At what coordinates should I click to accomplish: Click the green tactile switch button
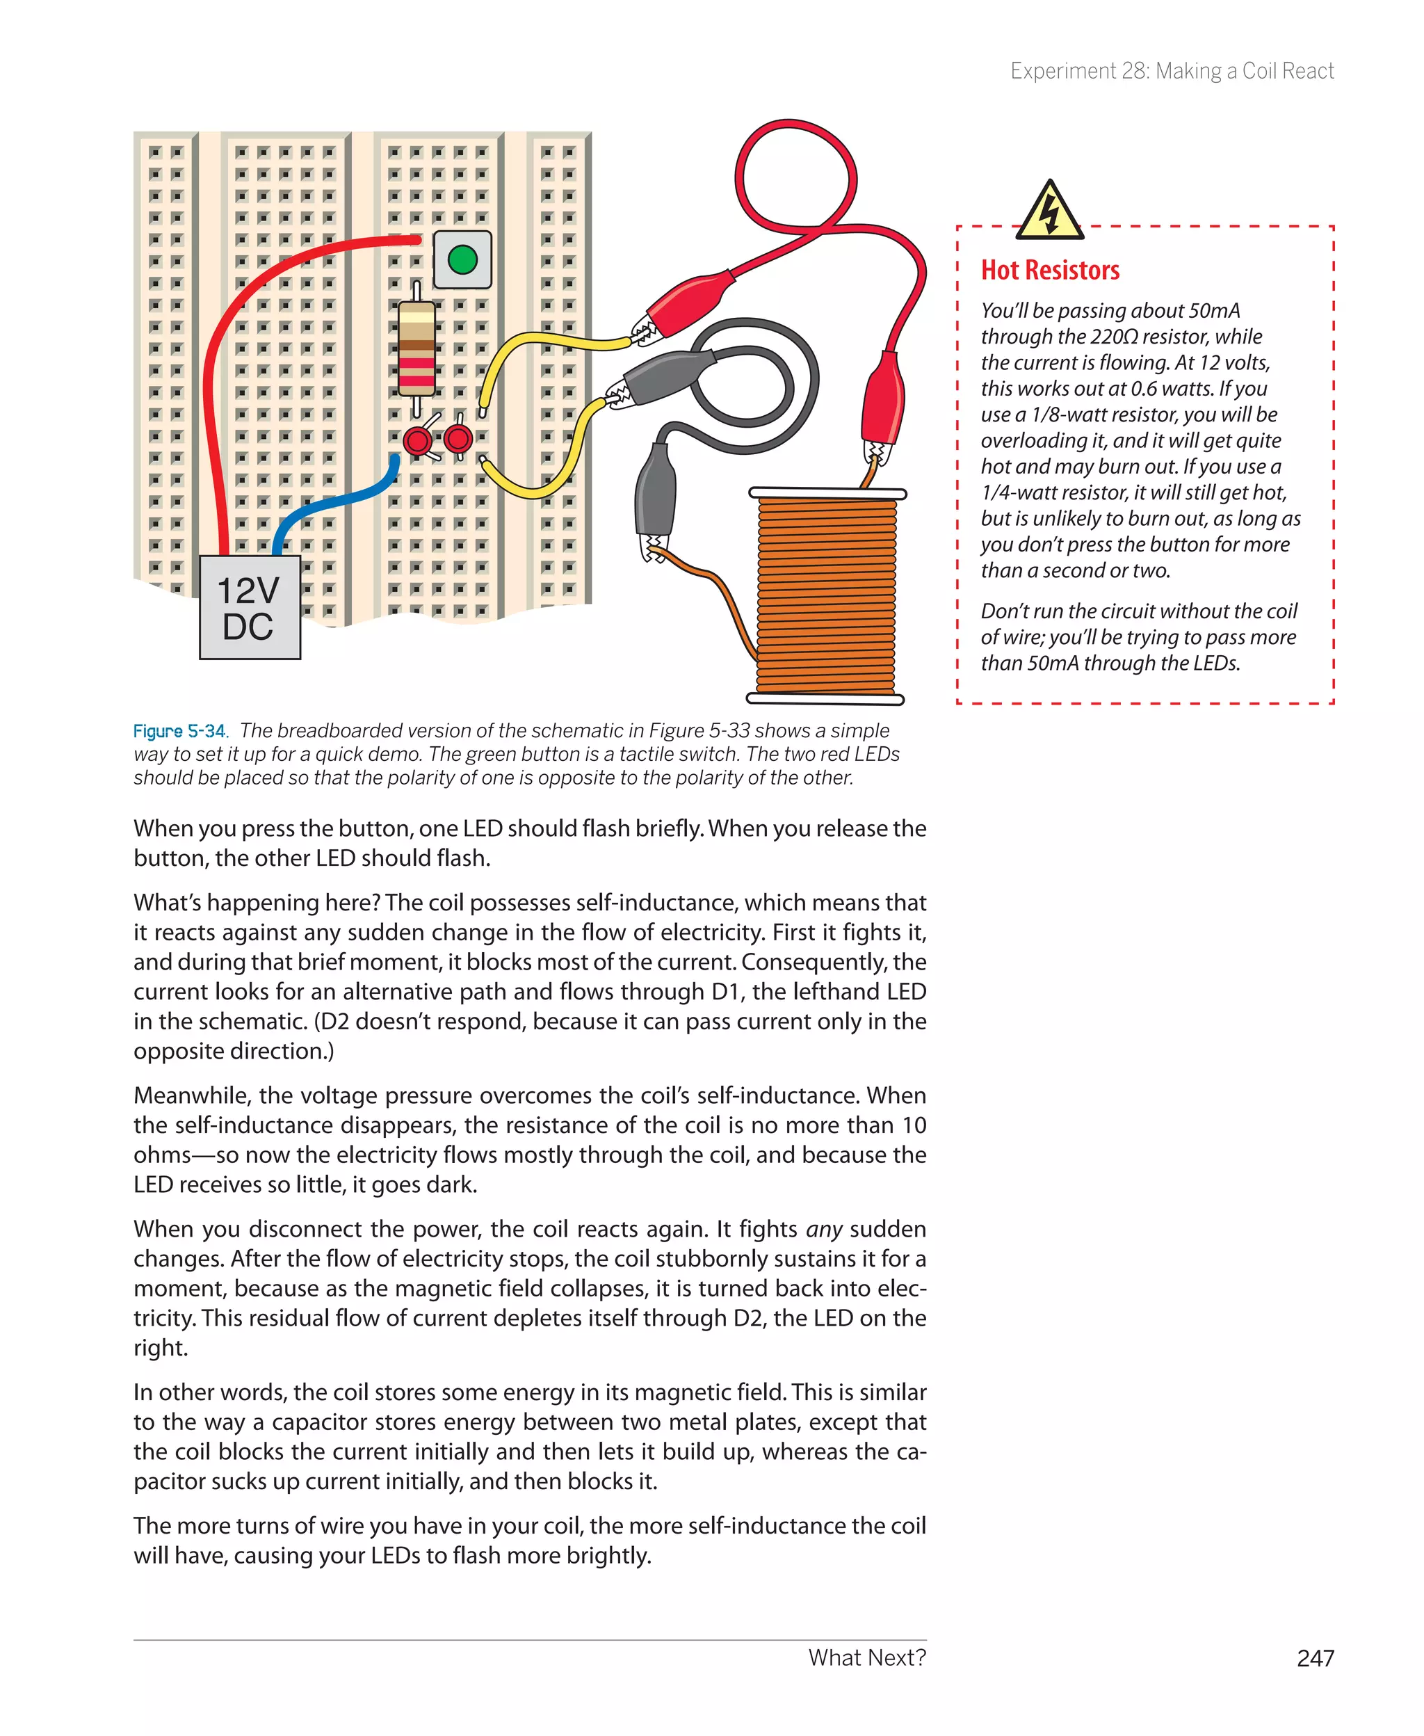click(462, 259)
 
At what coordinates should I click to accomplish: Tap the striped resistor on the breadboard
click(416, 348)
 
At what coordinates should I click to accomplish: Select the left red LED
click(417, 442)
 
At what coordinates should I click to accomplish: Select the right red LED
click(458, 439)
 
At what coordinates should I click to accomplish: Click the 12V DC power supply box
click(250, 608)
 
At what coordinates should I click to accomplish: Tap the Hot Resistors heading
click(1050, 270)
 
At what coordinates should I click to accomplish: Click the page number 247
click(1315, 1658)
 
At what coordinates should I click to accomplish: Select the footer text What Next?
click(866, 1657)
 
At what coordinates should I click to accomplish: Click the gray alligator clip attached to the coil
click(656, 497)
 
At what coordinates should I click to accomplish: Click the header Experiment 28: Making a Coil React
click(1172, 72)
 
